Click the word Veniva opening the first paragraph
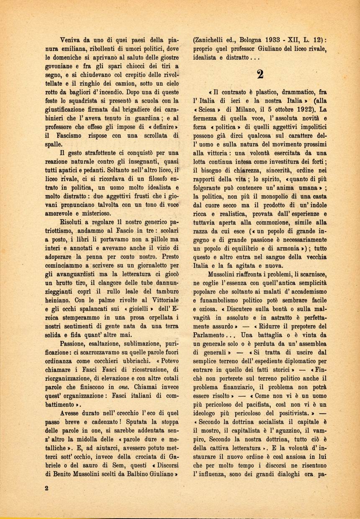[71, 41]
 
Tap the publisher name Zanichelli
[213, 41]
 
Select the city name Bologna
[254, 41]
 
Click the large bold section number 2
[260, 75]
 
